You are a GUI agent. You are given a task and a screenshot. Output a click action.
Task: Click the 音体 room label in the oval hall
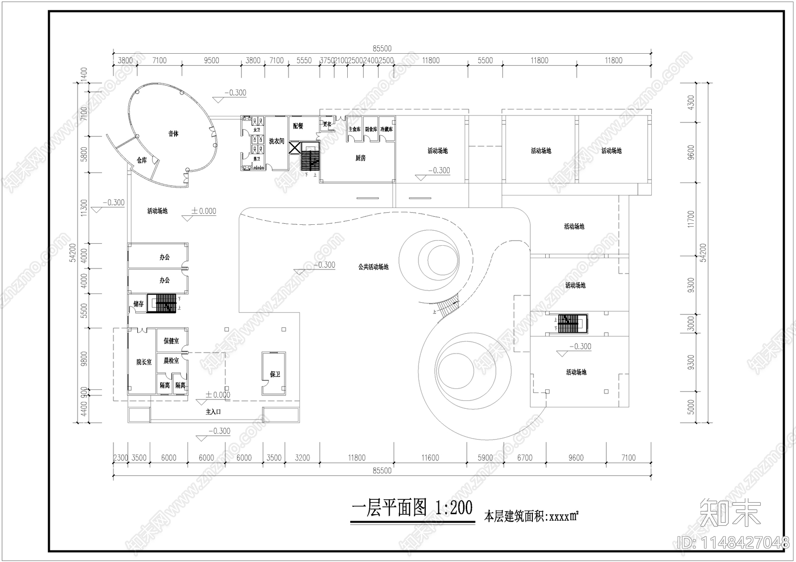point(173,134)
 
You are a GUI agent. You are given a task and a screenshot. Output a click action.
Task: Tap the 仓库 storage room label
point(142,160)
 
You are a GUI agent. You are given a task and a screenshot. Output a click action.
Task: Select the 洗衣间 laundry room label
point(277,141)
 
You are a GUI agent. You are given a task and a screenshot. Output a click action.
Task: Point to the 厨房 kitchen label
point(361,158)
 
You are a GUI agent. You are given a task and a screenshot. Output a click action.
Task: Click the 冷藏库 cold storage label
point(387,129)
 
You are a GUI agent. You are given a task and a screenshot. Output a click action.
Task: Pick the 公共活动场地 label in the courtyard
point(373,267)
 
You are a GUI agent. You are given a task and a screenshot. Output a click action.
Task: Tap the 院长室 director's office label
point(144,362)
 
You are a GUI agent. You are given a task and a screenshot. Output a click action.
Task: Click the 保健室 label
point(171,341)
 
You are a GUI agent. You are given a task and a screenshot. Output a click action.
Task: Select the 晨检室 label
point(171,361)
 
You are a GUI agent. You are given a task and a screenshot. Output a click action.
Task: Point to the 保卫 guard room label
point(275,374)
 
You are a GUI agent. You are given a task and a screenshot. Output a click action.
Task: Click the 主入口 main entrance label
point(213,412)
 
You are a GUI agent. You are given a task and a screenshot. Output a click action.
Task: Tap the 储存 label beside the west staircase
point(138,303)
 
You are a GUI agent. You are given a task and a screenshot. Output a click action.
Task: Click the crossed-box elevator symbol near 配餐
point(296,148)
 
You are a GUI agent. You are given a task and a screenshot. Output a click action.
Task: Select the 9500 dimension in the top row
point(211,61)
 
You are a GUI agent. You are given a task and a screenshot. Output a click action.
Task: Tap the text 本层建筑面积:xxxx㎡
point(531,517)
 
